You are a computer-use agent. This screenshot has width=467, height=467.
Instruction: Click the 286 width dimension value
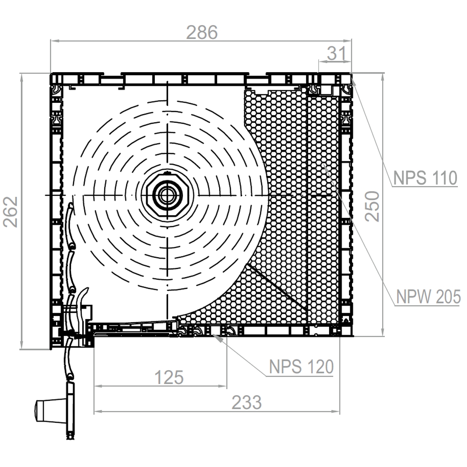pos(202,32)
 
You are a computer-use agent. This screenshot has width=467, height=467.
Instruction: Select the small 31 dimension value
pos(337,54)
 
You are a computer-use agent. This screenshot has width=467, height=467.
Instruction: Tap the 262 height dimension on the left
pos(11,212)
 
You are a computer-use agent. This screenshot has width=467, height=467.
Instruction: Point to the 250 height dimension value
pos(372,206)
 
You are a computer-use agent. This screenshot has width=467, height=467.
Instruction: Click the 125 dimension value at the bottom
pos(169,377)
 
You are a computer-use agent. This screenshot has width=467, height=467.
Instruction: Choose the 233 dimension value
pos(246,403)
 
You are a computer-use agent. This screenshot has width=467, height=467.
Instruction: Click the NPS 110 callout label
pos(425,178)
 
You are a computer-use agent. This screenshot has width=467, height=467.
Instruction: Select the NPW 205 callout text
pos(428,297)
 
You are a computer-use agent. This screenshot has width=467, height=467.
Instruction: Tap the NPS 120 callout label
pos(301,367)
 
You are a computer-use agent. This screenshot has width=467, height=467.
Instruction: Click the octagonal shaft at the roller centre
pos(167,195)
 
